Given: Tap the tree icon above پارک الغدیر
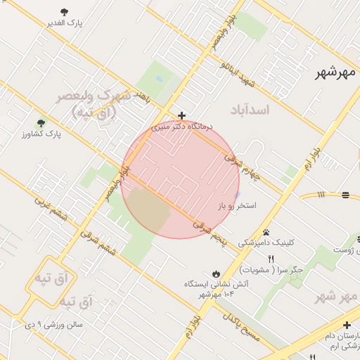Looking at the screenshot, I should (65, 12).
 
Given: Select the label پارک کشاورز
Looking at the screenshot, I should (40, 133).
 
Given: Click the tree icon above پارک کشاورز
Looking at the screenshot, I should (40, 122).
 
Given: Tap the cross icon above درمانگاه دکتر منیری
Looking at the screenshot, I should (181, 115).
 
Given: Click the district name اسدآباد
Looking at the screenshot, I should (250, 111).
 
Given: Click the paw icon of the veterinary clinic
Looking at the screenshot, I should (266, 232).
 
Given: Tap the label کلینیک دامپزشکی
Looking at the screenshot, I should (266, 243).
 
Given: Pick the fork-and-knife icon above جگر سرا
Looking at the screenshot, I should (271, 259).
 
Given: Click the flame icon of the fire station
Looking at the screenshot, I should (215, 274).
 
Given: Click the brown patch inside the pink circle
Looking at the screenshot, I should (147, 209).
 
